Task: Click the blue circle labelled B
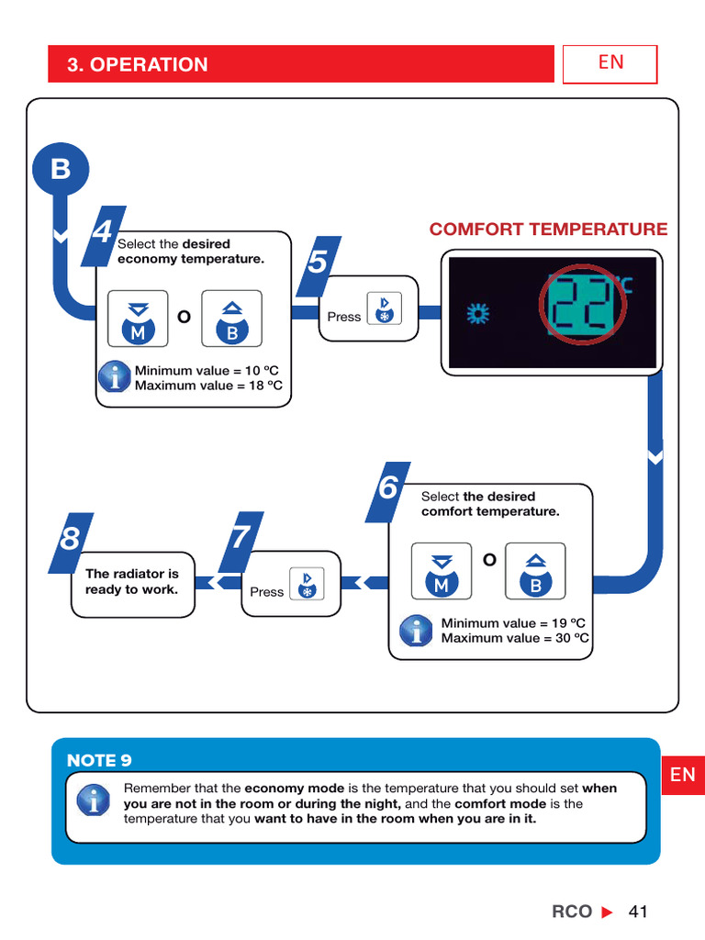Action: tap(61, 170)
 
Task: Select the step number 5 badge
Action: tap(318, 263)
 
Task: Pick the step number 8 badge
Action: tap(70, 540)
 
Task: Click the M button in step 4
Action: tap(139, 319)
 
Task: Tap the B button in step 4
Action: tap(231, 319)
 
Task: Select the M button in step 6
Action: tap(442, 570)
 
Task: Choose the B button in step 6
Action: tap(535, 570)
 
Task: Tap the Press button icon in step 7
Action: tap(307, 584)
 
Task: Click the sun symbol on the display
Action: tap(477, 315)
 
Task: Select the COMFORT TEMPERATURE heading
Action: tap(548, 229)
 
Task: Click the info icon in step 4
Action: tap(115, 376)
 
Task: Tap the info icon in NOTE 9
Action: tap(93, 799)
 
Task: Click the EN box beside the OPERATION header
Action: tap(610, 63)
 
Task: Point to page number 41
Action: tap(638, 912)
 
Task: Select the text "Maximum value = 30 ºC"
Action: tap(515, 638)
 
